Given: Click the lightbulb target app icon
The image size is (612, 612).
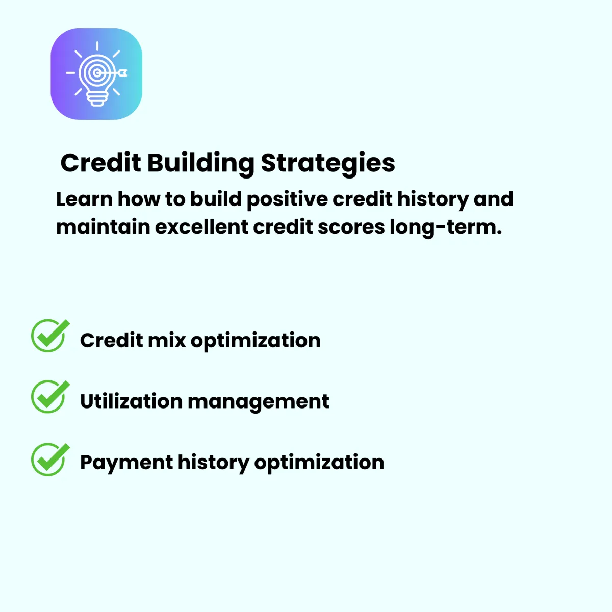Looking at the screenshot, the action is click(96, 73).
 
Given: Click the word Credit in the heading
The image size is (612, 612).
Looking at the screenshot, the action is click(100, 163).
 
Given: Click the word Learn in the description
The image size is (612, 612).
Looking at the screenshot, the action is click(85, 199).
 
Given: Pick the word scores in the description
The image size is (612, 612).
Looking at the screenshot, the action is click(351, 227).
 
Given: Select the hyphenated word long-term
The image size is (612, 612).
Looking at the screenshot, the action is click(446, 228).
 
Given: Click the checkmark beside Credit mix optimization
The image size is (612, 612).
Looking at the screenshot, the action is click(50, 336).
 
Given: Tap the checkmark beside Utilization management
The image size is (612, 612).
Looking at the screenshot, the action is click(50, 396).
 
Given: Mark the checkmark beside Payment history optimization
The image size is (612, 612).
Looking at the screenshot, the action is click(50, 459).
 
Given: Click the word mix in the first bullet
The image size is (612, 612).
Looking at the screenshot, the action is click(167, 341).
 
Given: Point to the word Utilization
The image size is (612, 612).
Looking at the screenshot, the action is click(131, 401).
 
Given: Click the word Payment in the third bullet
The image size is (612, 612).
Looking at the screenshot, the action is click(126, 463).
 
